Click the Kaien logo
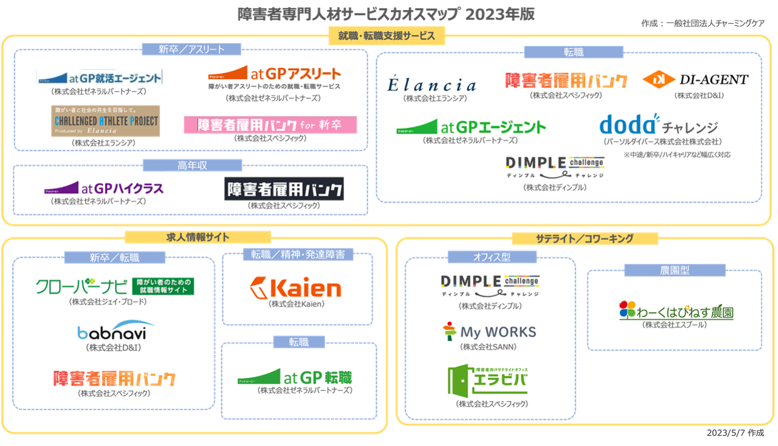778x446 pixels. (x=295, y=288)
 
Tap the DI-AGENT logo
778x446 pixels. (x=695, y=78)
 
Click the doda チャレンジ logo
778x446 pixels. (x=656, y=124)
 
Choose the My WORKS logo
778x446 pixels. (x=487, y=331)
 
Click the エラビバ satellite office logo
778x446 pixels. (x=489, y=381)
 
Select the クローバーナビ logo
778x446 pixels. (x=116, y=287)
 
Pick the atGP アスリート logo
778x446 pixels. (x=274, y=76)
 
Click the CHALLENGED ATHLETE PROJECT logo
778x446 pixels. (x=105, y=121)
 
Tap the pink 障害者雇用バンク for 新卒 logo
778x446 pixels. (x=270, y=124)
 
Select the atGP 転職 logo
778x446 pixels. (x=305, y=377)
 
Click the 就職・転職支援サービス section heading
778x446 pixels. (x=386, y=36)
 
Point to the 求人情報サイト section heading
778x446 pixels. (x=198, y=237)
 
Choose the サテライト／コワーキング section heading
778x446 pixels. (x=585, y=238)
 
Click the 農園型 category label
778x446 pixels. (x=674, y=270)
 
